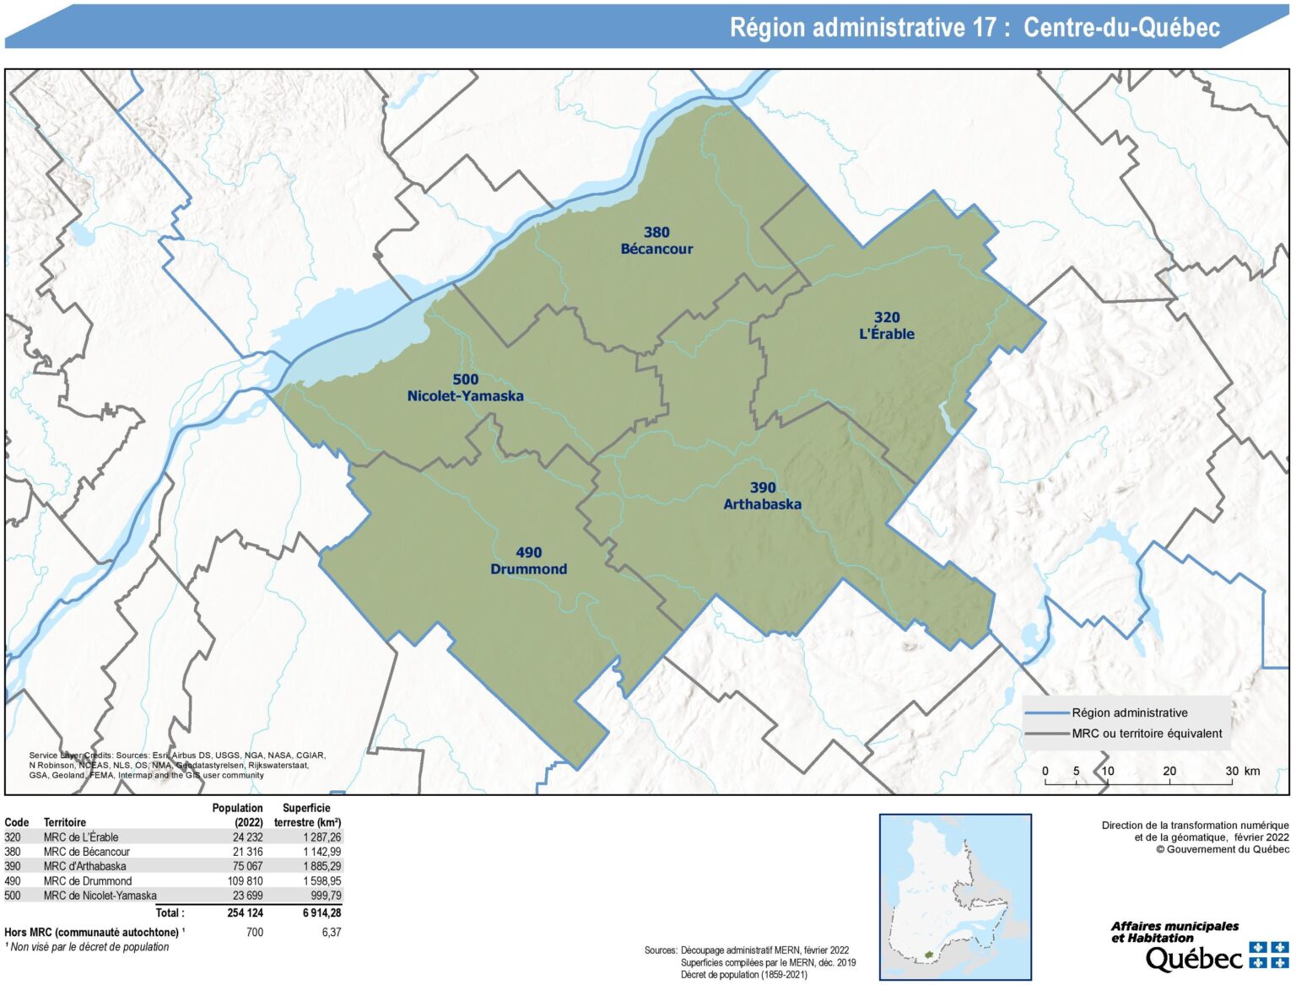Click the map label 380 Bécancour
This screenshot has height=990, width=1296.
656,240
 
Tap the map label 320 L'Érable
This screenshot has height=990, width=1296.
886,326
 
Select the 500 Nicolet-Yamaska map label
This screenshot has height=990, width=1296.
465,388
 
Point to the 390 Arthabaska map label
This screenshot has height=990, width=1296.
762,496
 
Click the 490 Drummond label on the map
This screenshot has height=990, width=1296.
528,561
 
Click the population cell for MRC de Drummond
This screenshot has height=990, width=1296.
246,881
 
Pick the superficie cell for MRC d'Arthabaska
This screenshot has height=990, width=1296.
322,866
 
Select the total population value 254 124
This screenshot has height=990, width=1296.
245,912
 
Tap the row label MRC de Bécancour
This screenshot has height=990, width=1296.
87,852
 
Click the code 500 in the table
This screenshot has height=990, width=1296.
13,896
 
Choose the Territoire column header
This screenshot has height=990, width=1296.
65,822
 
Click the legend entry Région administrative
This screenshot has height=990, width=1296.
1129,713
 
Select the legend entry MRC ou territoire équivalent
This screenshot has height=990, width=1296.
1147,734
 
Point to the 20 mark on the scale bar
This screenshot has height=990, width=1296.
1169,771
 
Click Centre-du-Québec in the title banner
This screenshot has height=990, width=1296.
1121,28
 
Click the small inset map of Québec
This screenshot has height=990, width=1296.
955,896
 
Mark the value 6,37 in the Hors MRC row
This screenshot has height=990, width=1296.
332,933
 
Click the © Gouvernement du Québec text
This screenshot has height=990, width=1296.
1223,849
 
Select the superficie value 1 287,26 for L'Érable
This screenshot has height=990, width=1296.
322,837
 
